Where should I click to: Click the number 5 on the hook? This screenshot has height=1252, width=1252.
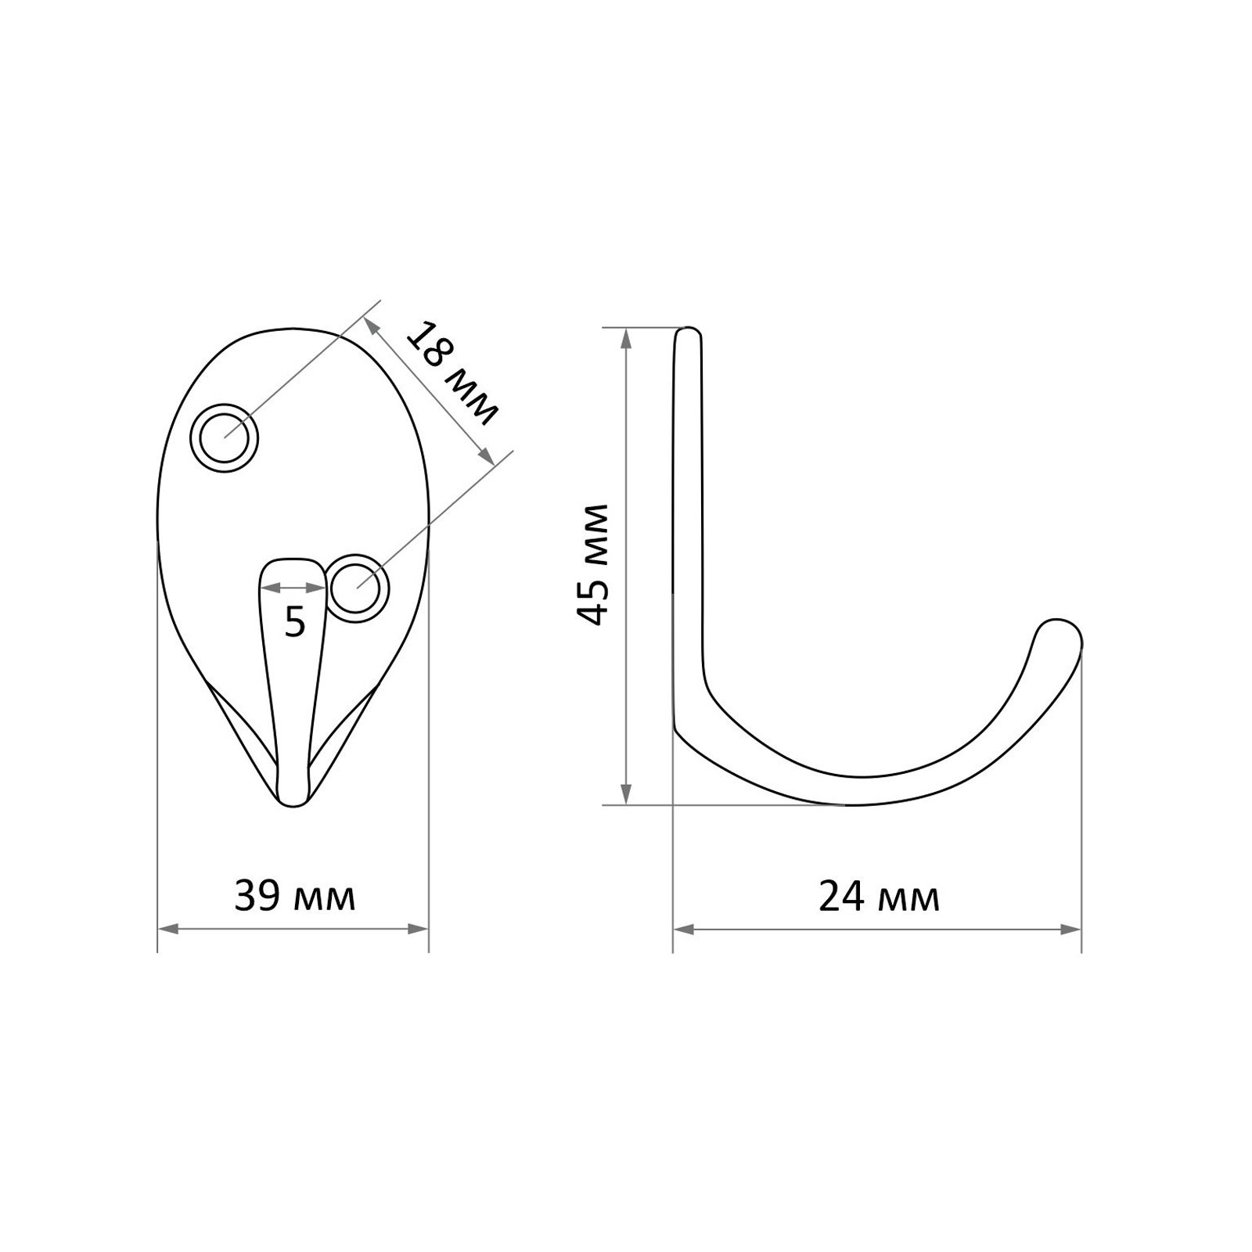tap(294, 623)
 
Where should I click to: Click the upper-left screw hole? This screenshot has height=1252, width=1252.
tap(225, 438)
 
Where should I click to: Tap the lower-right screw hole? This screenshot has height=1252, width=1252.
tap(358, 588)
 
